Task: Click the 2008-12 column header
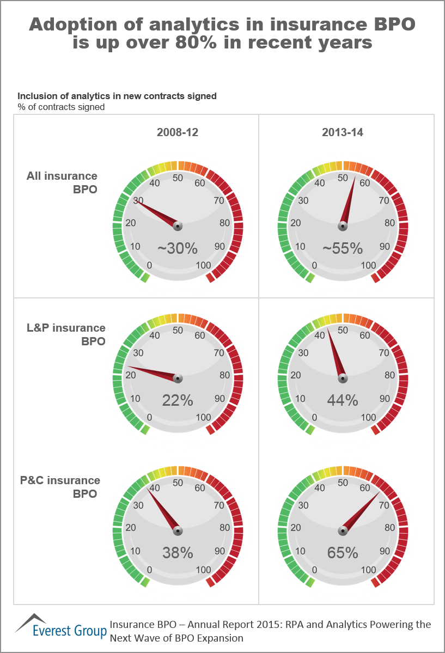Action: [178, 133]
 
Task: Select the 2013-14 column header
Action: [343, 133]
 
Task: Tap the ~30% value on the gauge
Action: [178, 249]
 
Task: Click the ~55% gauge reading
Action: [343, 249]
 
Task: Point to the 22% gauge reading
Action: [178, 401]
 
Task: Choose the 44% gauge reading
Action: [343, 401]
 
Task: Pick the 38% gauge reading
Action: [178, 553]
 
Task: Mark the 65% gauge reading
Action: [343, 553]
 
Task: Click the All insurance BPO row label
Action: [62, 182]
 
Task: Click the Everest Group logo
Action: [60, 626]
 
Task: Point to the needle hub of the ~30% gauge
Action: [178, 225]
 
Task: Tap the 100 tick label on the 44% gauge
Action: [369, 418]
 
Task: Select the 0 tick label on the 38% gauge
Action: [150, 570]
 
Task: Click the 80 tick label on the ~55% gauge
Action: [389, 223]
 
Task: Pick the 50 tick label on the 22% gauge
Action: [178, 330]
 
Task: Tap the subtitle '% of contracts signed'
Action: [61, 107]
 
